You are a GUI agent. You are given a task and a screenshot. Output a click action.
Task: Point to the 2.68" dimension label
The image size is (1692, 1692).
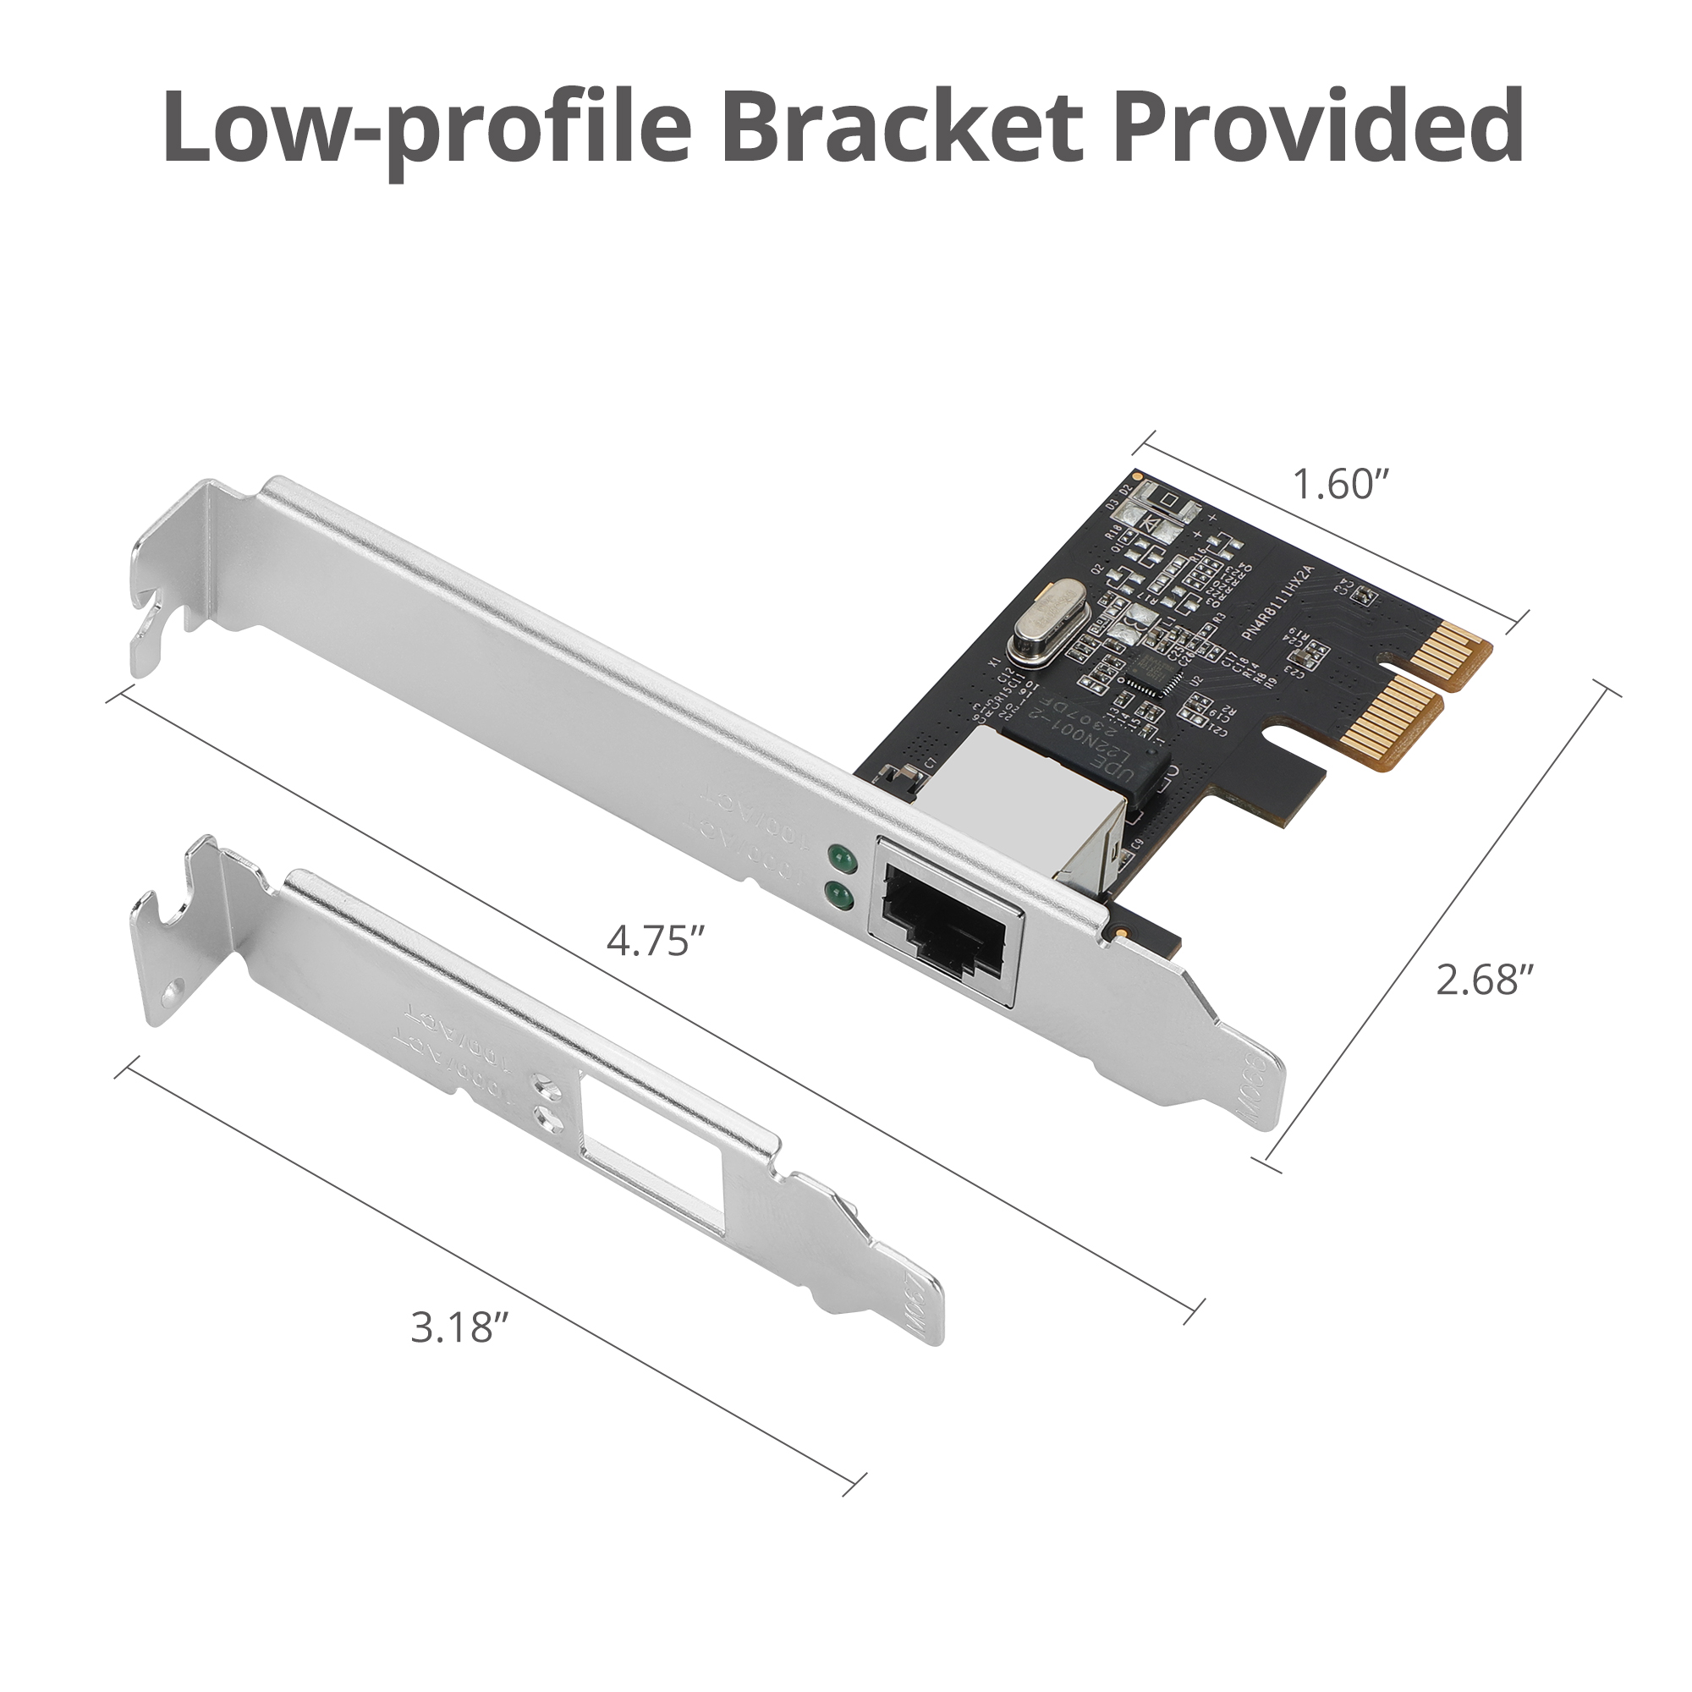(1485, 979)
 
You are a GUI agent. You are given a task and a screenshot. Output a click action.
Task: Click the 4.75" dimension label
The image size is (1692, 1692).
(656, 942)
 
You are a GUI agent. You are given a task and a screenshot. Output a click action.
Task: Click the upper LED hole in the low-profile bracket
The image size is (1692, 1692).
(547, 1085)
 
